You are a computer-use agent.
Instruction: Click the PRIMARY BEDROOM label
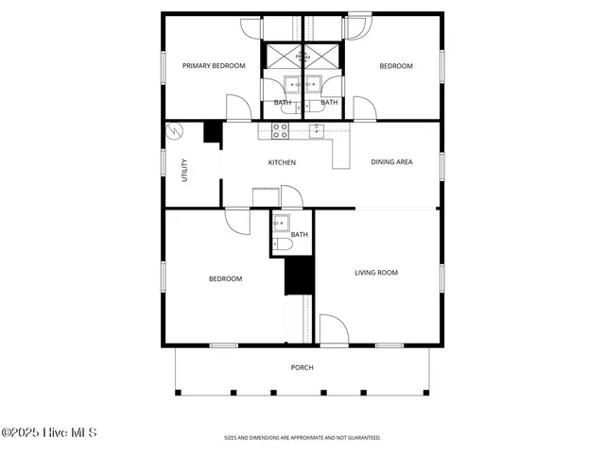click(x=214, y=66)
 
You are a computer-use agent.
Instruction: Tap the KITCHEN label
click(x=282, y=162)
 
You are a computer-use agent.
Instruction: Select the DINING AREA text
click(x=391, y=162)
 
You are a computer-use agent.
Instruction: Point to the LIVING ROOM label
click(x=375, y=273)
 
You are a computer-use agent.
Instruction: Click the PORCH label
click(x=302, y=368)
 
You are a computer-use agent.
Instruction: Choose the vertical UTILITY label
click(x=184, y=169)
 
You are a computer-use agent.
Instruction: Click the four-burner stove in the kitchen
click(x=281, y=130)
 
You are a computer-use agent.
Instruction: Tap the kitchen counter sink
click(x=317, y=129)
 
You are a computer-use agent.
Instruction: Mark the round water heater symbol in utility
click(x=173, y=131)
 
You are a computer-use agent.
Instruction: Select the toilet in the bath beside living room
click(x=282, y=245)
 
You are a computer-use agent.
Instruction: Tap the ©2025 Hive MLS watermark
click(x=48, y=433)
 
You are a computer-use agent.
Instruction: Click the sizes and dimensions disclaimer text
click(x=302, y=438)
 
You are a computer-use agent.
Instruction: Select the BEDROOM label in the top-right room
click(x=396, y=66)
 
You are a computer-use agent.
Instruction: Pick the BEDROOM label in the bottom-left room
click(x=225, y=278)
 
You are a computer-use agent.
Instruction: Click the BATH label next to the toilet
click(x=299, y=234)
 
